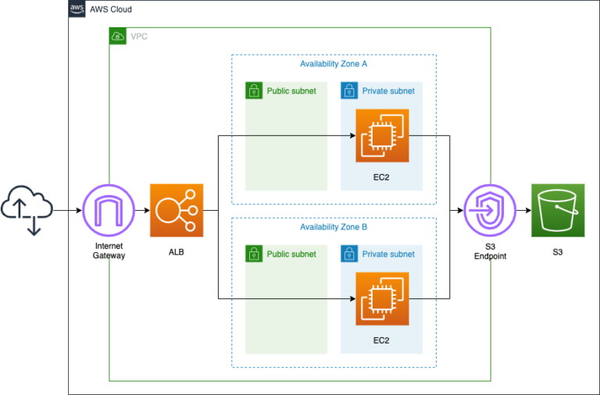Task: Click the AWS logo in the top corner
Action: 77,9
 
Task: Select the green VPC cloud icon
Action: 117,36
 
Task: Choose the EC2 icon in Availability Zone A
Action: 381,136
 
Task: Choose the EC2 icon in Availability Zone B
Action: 381,298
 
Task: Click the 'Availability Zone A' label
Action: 334,64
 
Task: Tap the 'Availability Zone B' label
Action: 334,227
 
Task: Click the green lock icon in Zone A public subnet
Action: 253,91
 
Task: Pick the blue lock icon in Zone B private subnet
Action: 348,254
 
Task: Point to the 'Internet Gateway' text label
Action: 109,251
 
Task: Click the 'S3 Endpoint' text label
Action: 491,251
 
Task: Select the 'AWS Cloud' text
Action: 111,9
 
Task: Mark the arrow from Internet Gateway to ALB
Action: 142,211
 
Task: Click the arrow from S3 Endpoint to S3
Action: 523,211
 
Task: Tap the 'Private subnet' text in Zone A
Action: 388,91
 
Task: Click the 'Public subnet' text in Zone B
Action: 291,254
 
